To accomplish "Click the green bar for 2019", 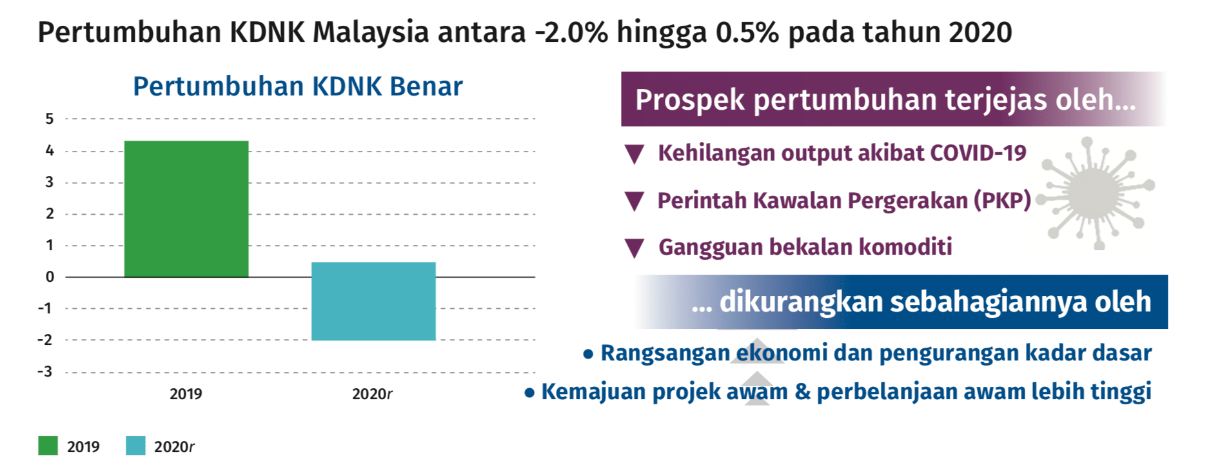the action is pyautogui.click(x=186, y=209).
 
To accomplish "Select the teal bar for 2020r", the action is pyautogui.click(x=373, y=301).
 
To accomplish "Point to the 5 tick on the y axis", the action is pyautogui.click(x=50, y=119).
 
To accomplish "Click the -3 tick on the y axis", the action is pyautogui.click(x=44, y=371).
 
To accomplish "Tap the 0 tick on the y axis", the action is pyautogui.click(x=50, y=277).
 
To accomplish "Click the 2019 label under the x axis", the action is pyautogui.click(x=186, y=394).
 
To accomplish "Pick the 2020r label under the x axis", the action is pyautogui.click(x=372, y=394).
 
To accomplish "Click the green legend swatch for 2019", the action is pyautogui.click(x=48, y=446).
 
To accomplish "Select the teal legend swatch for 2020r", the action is pyautogui.click(x=135, y=446).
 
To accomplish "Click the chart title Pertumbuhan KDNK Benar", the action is pyautogui.click(x=298, y=86).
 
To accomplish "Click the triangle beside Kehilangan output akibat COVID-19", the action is pyautogui.click(x=635, y=154).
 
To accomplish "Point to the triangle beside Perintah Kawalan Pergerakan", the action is pyautogui.click(x=635, y=201).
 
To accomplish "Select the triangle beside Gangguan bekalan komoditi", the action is pyautogui.click(x=635, y=248).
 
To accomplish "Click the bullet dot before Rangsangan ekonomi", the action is pyautogui.click(x=588, y=354).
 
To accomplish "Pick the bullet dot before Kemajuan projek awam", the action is pyautogui.click(x=529, y=393).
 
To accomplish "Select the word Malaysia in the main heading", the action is pyautogui.click(x=371, y=32).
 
